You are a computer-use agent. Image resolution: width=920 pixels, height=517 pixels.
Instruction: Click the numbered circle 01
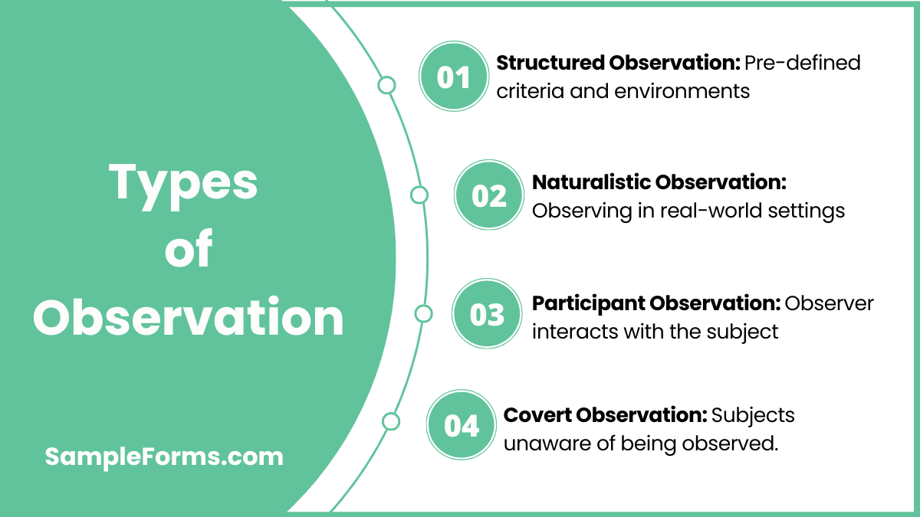coord(453,77)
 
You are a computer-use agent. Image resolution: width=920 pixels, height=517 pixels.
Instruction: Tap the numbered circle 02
coord(488,195)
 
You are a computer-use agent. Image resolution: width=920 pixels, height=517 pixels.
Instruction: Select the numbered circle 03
coord(487,314)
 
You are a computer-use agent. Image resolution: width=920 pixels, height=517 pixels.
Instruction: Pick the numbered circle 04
coord(461,425)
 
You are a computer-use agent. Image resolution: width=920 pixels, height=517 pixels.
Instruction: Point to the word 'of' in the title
coord(188,250)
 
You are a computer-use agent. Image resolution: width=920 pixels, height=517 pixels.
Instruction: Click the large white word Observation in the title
coord(188,317)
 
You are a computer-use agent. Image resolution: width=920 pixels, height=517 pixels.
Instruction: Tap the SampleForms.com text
coord(164,457)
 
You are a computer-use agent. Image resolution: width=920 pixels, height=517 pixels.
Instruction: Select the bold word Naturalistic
coord(591,182)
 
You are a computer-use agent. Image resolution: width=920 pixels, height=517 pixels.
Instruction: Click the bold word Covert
coord(537,415)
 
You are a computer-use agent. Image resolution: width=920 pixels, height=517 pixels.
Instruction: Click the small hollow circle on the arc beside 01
coord(387,85)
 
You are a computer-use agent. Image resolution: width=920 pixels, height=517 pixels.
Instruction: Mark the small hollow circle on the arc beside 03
coord(423,313)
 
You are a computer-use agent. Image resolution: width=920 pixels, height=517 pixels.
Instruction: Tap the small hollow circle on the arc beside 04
coord(391,421)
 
